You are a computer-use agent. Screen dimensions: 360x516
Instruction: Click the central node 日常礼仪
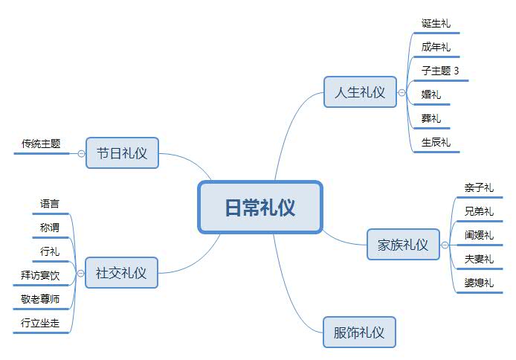[x=259, y=208]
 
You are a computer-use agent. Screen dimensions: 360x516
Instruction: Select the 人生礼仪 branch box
[x=360, y=92]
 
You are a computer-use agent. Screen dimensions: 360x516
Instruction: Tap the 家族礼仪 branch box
[x=403, y=245]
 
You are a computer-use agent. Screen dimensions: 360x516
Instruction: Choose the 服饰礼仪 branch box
[x=359, y=332]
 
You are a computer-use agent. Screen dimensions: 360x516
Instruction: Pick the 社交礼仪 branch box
[x=122, y=273]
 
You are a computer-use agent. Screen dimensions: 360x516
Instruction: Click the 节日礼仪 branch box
[x=122, y=153]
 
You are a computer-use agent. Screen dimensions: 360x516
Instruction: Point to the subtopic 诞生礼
[x=435, y=24]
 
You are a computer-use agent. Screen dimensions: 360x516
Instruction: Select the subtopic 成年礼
[x=435, y=48]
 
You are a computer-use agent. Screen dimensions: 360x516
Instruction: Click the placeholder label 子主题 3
[x=439, y=71]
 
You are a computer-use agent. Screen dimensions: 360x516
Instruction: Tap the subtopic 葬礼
[x=430, y=118]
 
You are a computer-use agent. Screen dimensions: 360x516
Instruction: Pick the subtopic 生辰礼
[x=435, y=142]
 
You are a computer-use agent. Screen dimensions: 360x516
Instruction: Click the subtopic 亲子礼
[x=478, y=188]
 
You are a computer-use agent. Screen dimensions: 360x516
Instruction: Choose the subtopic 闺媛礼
[x=478, y=235]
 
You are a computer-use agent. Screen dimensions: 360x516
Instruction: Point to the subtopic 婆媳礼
[x=478, y=283]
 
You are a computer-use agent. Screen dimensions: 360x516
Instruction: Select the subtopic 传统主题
[x=41, y=144]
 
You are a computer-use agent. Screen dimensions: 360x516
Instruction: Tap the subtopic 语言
[x=50, y=203]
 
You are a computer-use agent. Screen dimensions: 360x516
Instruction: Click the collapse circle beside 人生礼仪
[x=402, y=93]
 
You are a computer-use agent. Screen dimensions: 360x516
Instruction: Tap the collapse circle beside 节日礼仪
[x=81, y=153]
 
